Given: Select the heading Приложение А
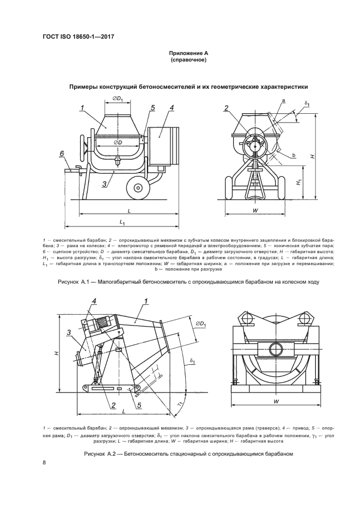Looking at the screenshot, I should tap(187, 53).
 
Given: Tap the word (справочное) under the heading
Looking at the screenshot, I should tap(187, 60).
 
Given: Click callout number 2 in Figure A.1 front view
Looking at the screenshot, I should tap(225, 108).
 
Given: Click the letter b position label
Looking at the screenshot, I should tap(294, 156).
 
